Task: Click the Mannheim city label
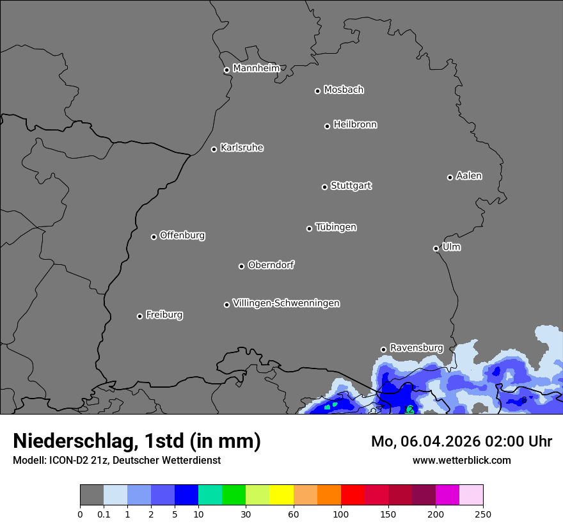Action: pyautogui.click(x=256, y=68)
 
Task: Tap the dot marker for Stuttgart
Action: pyautogui.click(x=324, y=187)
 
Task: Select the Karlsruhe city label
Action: pyautogui.click(x=242, y=148)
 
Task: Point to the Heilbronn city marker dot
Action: pyautogui.click(x=327, y=126)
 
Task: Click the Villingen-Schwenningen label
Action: pyautogui.click(x=286, y=303)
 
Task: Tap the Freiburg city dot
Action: pyautogui.click(x=139, y=316)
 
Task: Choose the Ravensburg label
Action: pyautogui.click(x=416, y=348)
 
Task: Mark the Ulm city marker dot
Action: pyautogui.click(x=436, y=248)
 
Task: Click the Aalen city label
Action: pyautogui.click(x=469, y=176)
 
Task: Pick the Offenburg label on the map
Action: pyautogui.click(x=182, y=235)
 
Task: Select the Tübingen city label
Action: pyautogui.click(x=336, y=227)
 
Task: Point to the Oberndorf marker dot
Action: pyautogui.click(x=241, y=266)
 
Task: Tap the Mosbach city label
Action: pyautogui.click(x=344, y=90)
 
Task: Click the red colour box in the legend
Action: pyautogui.click(x=353, y=495)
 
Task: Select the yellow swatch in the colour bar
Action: pyautogui.click(x=281, y=495)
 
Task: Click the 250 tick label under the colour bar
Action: pyautogui.click(x=483, y=514)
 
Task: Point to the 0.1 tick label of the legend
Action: pyautogui.click(x=104, y=514)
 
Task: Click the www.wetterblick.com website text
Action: pyautogui.click(x=461, y=460)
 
